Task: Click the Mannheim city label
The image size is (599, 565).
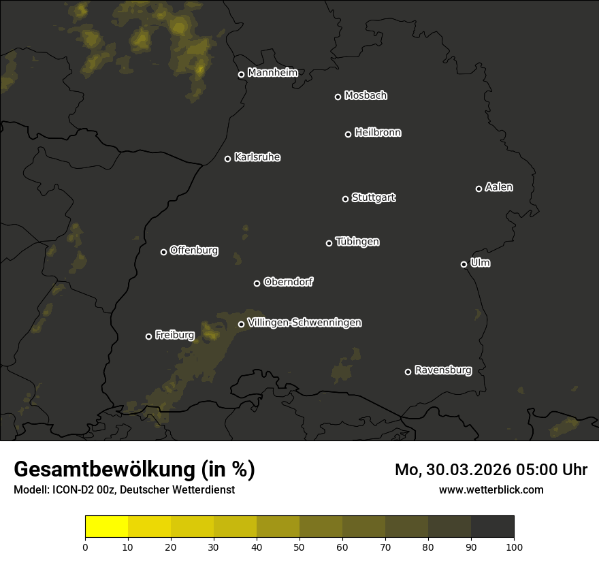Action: pos(272,73)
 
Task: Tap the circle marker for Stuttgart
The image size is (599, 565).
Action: pos(345,199)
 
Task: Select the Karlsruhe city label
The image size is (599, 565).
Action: pos(257,157)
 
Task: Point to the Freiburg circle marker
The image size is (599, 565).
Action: pos(148,336)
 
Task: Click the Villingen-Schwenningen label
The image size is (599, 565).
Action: pos(304,323)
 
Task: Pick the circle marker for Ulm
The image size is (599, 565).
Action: pos(464,264)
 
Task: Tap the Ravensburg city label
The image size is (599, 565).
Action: pos(442,370)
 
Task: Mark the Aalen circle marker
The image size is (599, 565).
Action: pos(479,189)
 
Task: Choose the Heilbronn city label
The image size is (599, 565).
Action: pos(378,133)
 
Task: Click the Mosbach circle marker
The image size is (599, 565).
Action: pos(338,97)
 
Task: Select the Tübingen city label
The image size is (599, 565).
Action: pos(357,242)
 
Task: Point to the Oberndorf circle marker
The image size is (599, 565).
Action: pos(257,283)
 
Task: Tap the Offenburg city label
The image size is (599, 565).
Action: pos(194,251)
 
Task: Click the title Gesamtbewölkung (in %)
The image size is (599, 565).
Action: pos(134,470)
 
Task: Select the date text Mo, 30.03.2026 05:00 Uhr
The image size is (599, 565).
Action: pos(491,470)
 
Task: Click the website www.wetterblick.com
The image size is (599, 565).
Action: pos(491,489)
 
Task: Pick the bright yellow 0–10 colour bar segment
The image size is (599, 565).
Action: pos(106,527)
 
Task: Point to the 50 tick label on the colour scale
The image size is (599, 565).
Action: pos(299,546)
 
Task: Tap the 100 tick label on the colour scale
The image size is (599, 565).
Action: pos(514,546)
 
